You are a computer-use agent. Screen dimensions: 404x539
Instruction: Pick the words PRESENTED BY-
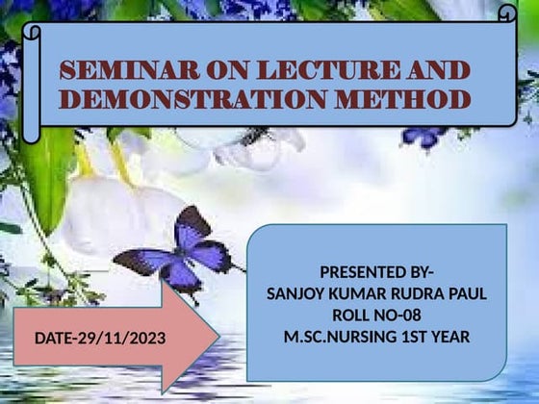click(x=376, y=272)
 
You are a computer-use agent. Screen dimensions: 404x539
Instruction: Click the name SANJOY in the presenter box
click(x=293, y=293)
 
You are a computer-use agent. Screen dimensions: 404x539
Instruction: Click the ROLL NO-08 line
click(x=376, y=316)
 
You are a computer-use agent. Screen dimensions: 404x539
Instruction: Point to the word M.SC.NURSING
click(x=333, y=338)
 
